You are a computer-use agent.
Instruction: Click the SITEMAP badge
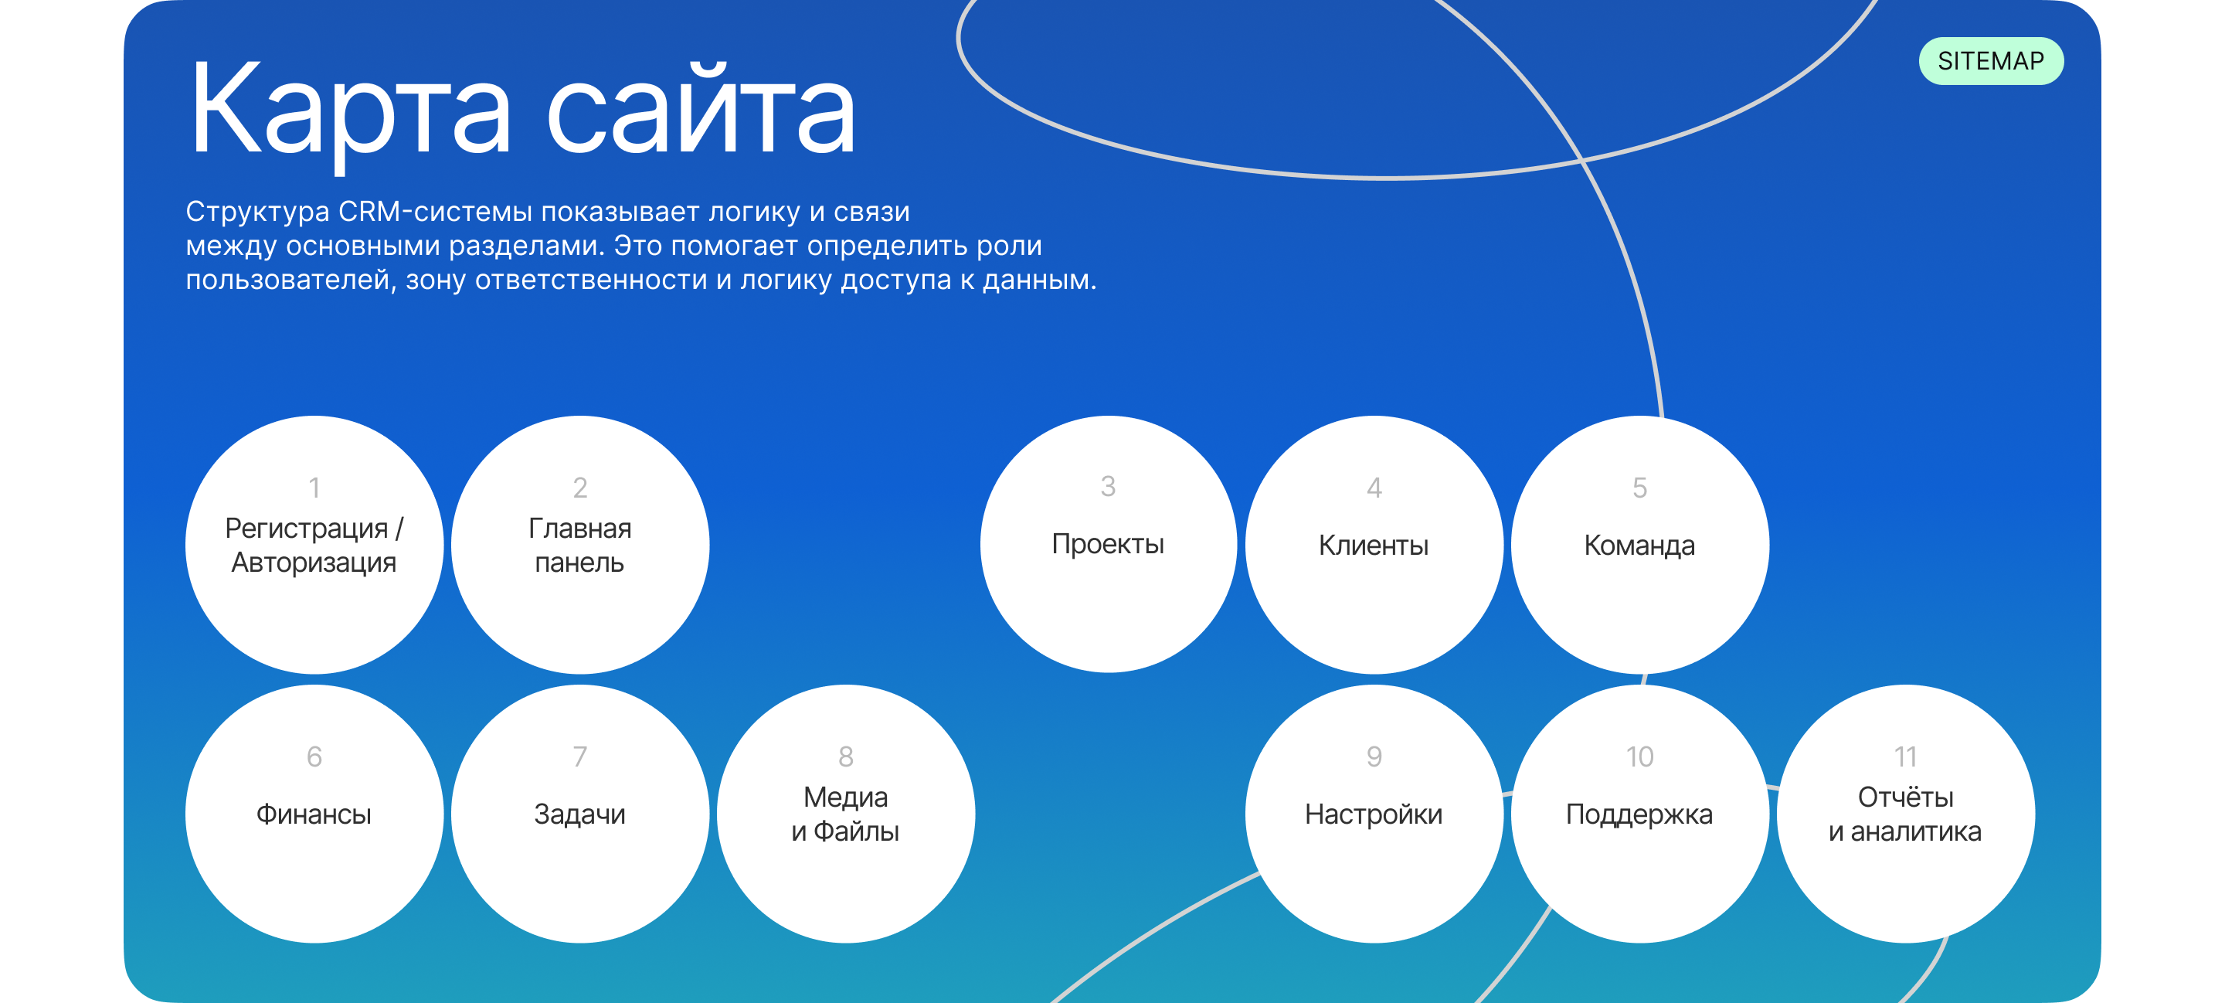click(1990, 61)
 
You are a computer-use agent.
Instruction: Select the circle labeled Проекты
click(1107, 544)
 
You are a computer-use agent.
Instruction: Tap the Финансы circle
click(314, 814)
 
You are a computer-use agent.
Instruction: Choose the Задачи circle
click(579, 814)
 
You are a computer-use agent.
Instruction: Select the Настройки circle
click(1374, 814)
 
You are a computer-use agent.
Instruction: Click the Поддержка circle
click(1639, 814)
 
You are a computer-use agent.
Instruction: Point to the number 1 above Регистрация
click(314, 488)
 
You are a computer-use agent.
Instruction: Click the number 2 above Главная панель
click(579, 488)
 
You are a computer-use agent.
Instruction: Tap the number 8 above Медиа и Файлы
click(846, 756)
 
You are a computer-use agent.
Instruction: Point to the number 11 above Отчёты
click(1905, 756)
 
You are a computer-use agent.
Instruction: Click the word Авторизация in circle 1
click(314, 563)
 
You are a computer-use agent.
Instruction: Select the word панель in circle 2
click(579, 563)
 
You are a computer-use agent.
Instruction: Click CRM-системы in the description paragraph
click(432, 212)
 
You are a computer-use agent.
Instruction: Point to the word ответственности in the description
click(591, 280)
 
